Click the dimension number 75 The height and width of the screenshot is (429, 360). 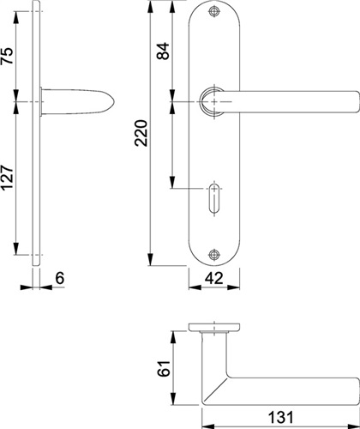click(x=7, y=56)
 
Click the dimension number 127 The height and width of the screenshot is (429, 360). click(x=7, y=178)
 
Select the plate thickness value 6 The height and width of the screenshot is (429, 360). click(x=60, y=278)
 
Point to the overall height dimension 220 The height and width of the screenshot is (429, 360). click(x=141, y=133)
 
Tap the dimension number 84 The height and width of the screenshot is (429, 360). click(x=164, y=51)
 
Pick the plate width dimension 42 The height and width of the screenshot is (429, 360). click(x=213, y=278)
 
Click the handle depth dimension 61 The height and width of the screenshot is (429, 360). click(x=164, y=368)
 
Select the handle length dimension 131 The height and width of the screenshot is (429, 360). click(x=280, y=417)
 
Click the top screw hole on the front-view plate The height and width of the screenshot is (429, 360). click(x=214, y=11)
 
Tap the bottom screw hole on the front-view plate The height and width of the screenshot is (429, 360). click(x=214, y=254)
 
